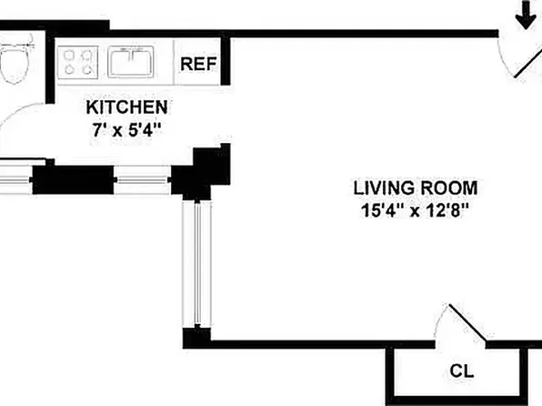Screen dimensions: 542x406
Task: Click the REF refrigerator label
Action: click(x=198, y=64)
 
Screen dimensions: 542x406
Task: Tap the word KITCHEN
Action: click(x=126, y=107)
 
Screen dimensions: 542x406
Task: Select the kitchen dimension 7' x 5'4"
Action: click(x=126, y=130)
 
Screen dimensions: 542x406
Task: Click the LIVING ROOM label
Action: click(x=416, y=188)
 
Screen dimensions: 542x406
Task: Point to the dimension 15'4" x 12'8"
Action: click(x=415, y=210)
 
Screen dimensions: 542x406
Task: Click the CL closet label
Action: click(x=461, y=371)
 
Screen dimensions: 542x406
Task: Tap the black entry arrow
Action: click(x=526, y=15)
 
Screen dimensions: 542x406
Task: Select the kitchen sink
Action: click(x=131, y=62)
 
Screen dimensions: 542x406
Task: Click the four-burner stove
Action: click(x=78, y=62)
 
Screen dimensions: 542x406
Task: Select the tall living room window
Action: click(x=197, y=264)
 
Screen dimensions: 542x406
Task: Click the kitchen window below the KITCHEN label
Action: click(x=143, y=179)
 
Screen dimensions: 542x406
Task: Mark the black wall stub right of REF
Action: click(x=226, y=61)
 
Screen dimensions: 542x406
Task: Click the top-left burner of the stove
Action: click(x=70, y=55)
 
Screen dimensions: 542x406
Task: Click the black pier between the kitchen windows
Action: click(x=73, y=179)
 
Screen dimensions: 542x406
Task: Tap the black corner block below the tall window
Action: click(x=196, y=338)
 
